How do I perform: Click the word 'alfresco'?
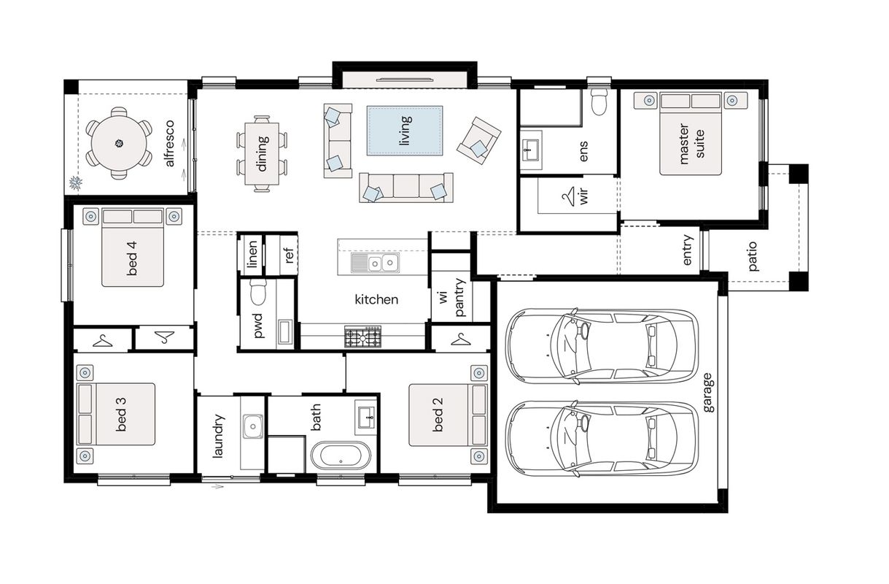pos(169,143)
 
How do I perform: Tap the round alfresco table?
pos(119,143)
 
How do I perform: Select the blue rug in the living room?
pos(405,131)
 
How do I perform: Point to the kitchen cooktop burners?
pos(362,337)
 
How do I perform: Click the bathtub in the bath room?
pos(341,456)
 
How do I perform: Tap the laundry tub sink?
pos(252,426)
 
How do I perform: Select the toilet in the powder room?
pos(258,292)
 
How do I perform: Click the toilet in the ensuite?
pos(599,101)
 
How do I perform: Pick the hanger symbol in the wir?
pos(568,196)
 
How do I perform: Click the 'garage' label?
pos(707,393)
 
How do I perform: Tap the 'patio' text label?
pos(752,257)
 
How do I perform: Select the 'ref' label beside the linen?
pos(289,255)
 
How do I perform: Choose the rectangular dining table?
pos(262,154)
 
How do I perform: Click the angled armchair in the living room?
pos(478,140)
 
